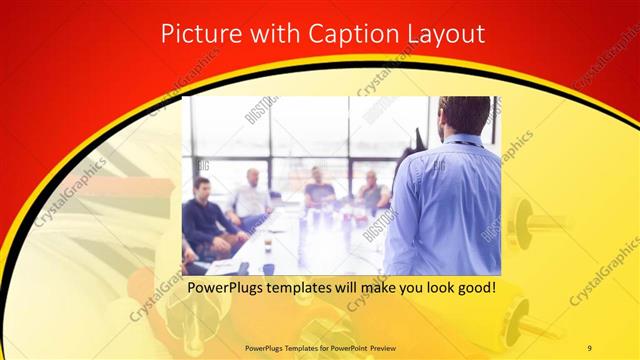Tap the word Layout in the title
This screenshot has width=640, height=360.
tap(442, 33)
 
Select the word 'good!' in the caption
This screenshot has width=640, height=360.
tap(476, 289)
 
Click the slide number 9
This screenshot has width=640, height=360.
tap(589, 346)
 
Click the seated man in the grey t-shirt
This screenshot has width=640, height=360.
tap(319, 189)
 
